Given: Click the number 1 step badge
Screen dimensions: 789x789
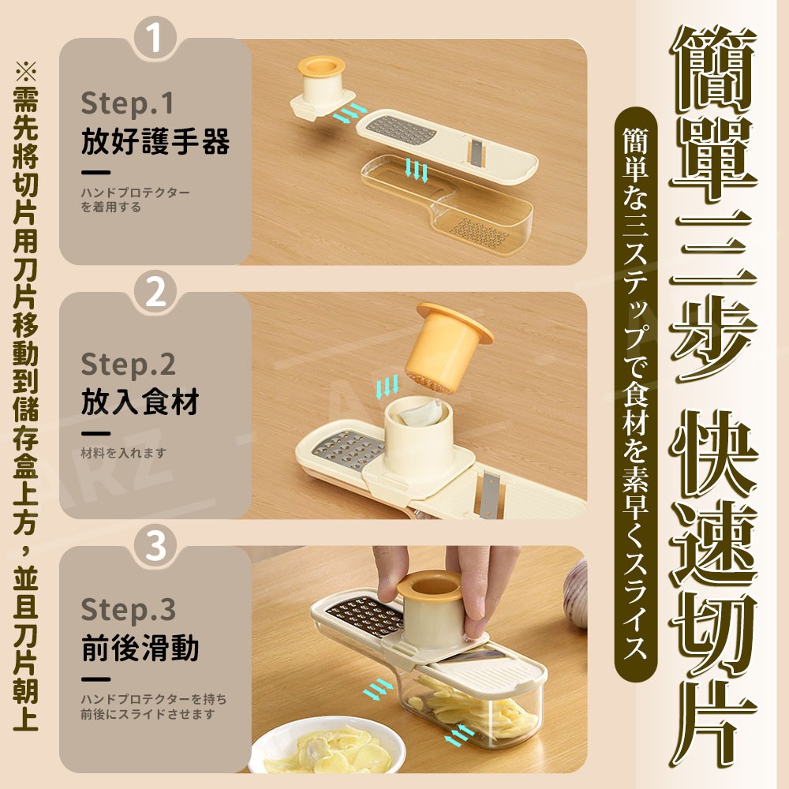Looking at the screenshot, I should tap(155, 38).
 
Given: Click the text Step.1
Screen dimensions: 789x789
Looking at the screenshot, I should tap(127, 103).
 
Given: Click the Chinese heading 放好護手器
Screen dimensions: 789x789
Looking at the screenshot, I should tap(155, 143).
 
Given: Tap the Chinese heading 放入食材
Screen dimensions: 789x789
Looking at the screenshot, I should tap(140, 402).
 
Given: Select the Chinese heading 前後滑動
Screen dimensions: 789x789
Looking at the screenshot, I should tap(140, 649).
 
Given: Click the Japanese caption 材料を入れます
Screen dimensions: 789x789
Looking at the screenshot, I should tap(123, 453).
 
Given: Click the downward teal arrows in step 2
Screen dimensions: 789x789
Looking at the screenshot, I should tap(387, 387).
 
